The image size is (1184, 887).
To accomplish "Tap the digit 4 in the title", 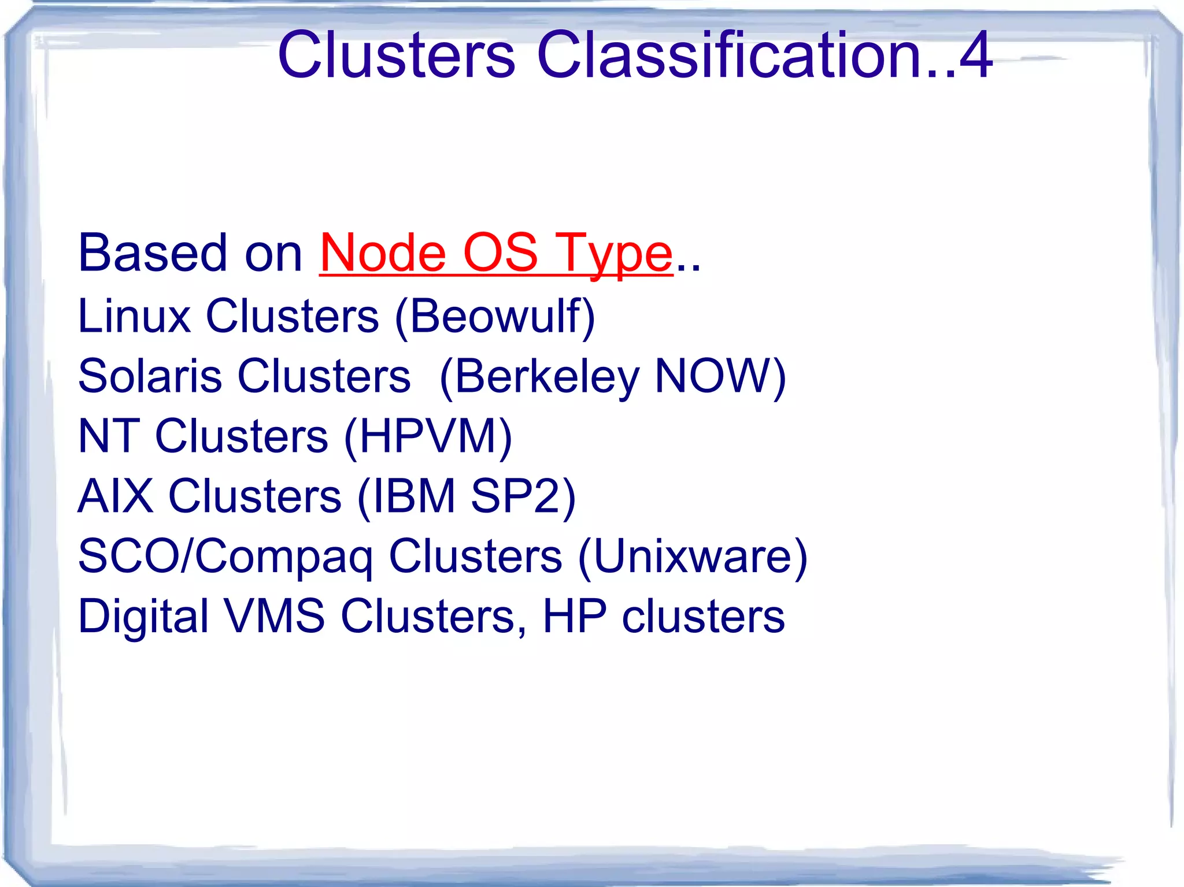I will point(975,55).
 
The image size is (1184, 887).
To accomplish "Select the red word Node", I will point(383,253).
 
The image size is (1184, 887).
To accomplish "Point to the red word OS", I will point(501,253).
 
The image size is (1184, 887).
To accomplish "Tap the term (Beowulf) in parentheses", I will point(495,317).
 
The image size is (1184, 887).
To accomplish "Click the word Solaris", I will point(150,376).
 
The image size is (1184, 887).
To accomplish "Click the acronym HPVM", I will point(428,436).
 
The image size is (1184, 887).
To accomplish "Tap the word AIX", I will point(116,496).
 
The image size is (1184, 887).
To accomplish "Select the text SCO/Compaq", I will point(225,556).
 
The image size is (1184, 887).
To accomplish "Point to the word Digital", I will point(143,617).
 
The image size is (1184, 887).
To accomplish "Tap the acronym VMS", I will point(275,617).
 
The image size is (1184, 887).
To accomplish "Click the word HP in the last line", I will point(575,617).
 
